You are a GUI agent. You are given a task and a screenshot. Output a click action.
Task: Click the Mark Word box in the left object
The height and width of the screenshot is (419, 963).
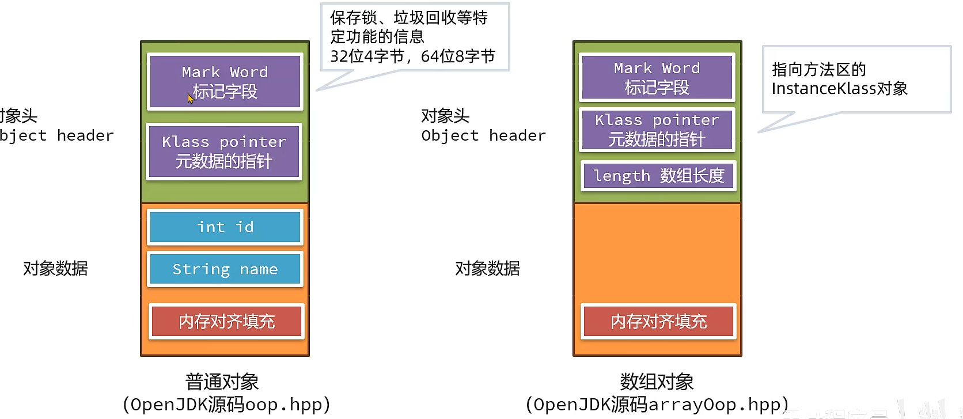click(x=225, y=81)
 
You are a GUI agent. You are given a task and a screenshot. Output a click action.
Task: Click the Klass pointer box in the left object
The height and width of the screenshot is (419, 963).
click(x=224, y=152)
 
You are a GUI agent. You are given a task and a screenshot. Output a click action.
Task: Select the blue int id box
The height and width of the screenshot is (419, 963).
click(x=225, y=227)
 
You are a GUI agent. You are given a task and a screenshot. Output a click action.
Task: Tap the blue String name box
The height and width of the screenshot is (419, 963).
click(x=225, y=269)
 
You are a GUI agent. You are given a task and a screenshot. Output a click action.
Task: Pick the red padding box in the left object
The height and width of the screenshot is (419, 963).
click(x=226, y=321)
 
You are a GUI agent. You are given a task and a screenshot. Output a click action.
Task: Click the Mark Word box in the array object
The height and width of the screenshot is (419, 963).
click(x=657, y=77)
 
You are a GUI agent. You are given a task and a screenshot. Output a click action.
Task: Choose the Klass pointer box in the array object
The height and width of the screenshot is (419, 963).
click(x=657, y=130)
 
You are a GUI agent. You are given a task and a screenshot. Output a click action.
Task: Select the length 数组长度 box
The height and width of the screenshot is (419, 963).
click(x=658, y=175)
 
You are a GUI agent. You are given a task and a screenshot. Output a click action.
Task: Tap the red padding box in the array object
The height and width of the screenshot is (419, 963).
click(x=658, y=321)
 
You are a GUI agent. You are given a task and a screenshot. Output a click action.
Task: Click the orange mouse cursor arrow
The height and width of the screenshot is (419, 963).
click(x=190, y=98)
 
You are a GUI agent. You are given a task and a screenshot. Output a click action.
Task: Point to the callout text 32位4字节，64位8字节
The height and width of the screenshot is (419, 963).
click(x=412, y=56)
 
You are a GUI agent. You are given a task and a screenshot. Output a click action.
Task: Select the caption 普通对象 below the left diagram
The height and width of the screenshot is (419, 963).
click(x=222, y=382)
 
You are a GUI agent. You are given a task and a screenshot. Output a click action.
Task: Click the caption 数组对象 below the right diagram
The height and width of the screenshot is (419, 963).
click(x=657, y=382)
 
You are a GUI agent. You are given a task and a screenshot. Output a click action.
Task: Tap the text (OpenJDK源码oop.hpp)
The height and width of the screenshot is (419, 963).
click(x=226, y=404)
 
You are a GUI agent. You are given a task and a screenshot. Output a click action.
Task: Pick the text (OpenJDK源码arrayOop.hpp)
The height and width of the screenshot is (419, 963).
click(x=657, y=404)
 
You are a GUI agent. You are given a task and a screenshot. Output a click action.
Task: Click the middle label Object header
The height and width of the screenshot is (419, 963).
click(x=483, y=135)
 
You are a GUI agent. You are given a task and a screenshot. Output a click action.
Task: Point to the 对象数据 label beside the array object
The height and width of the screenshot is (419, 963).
click(x=487, y=268)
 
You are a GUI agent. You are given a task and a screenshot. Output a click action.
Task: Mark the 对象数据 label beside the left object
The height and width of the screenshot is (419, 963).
click(x=55, y=268)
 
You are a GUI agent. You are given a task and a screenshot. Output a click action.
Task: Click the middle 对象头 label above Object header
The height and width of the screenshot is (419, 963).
click(x=445, y=116)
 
